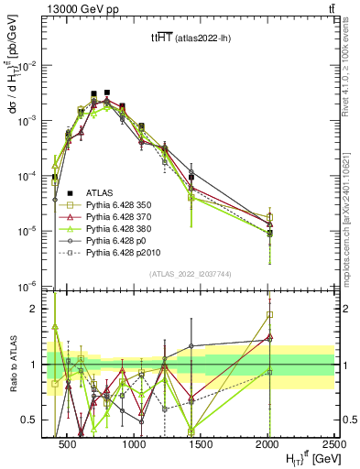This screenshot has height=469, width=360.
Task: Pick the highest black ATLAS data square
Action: [107, 93]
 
